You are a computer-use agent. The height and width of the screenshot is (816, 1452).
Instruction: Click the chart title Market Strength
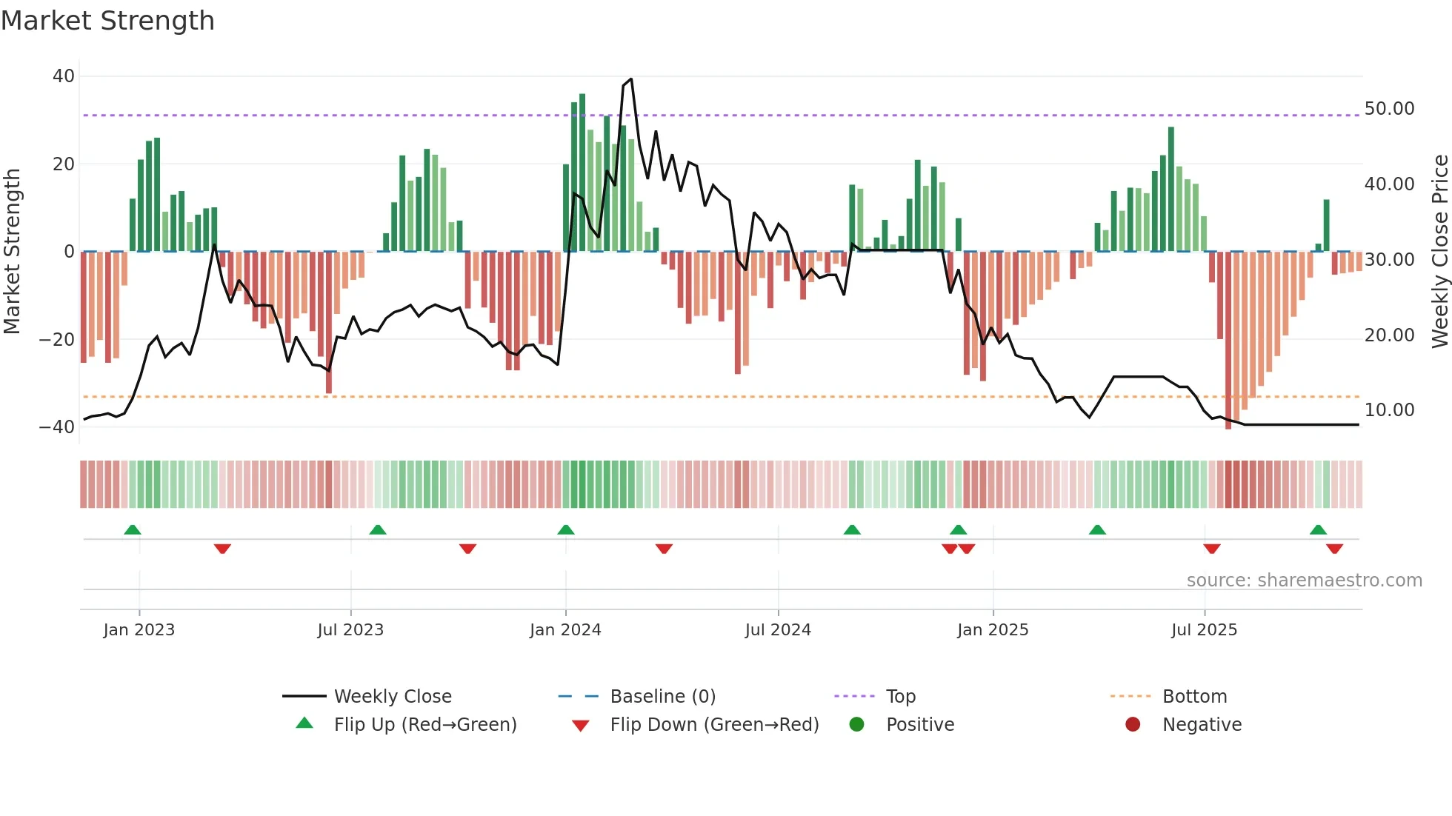click(107, 21)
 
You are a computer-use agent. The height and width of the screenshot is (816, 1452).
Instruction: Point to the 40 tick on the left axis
click(64, 76)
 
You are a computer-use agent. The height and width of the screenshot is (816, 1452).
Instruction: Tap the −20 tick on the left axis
click(57, 340)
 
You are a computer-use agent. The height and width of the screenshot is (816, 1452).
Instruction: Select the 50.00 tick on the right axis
click(1389, 109)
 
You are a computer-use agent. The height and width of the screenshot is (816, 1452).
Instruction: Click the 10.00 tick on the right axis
click(1389, 410)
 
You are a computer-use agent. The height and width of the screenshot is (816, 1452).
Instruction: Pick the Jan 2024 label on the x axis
click(565, 630)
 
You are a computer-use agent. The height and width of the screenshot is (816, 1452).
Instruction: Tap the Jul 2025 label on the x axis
click(1204, 630)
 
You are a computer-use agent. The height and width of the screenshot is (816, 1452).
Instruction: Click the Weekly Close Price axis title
click(1439, 252)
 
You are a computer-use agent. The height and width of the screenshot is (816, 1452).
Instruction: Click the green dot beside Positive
click(856, 725)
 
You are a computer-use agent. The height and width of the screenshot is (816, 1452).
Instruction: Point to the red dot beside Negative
click(1133, 725)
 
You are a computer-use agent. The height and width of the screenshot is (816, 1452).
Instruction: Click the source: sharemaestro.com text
click(1304, 581)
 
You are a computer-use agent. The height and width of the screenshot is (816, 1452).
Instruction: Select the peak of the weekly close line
click(630, 79)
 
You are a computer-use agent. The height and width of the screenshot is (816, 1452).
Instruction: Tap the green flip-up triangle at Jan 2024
click(566, 530)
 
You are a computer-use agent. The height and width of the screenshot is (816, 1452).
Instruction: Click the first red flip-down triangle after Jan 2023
click(222, 549)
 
